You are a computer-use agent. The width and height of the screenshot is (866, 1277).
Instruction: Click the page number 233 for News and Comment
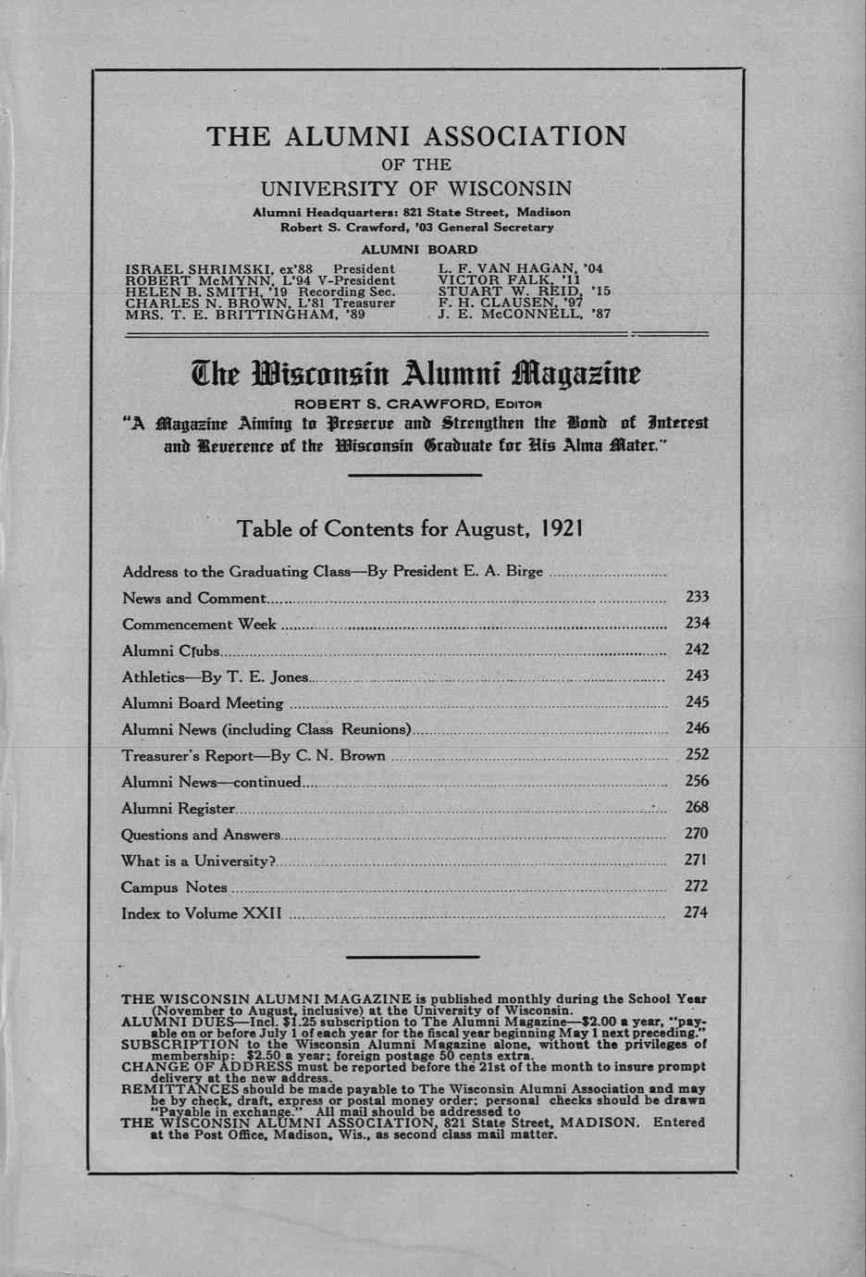click(x=696, y=598)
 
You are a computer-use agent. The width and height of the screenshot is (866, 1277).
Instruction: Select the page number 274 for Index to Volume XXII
click(x=695, y=912)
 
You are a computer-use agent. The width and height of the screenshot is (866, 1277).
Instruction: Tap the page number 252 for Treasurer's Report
click(x=696, y=755)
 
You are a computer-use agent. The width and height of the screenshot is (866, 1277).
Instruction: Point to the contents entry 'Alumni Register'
click(x=178, y=809)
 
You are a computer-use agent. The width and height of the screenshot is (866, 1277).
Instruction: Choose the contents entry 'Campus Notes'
click(x=174, y=887)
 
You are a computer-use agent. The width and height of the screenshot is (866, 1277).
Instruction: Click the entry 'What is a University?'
click(x=200, y=862)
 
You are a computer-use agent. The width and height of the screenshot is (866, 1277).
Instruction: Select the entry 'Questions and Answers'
click(x=201, y=835)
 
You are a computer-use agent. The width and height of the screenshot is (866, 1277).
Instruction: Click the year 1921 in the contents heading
click(x=561, y=528)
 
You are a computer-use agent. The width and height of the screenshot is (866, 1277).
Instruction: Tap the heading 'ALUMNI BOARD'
click(x=418, y=249)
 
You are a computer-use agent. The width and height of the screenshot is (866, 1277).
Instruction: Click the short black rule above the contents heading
click(x=414, y=475)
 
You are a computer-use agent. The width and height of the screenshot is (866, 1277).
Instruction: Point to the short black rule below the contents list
click(x=413, y=956)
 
